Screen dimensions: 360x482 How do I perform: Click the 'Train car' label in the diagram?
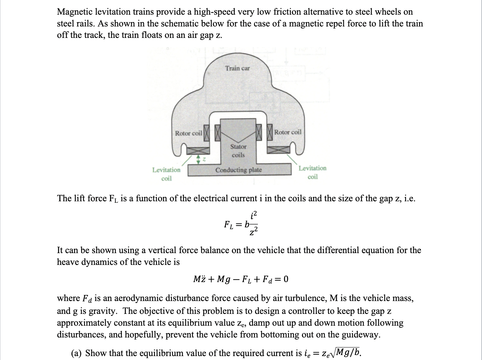(238, 68)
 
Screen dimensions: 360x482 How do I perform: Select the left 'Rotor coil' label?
(188, 133)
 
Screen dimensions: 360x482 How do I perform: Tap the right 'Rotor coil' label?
(288, 132)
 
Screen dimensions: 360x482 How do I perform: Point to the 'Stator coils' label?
(238, 151)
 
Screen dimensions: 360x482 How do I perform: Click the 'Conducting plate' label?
(238, 170)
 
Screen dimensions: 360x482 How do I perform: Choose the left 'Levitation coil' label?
(166, 174)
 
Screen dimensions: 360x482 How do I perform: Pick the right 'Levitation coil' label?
(312, 172)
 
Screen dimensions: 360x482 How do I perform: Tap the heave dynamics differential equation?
(240, 279)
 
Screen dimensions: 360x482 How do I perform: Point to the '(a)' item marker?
(77, 353)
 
